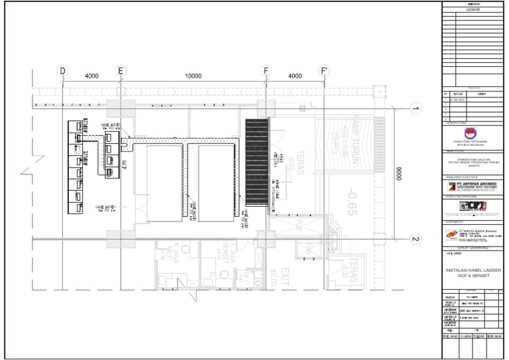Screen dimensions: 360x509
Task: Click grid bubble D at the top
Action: tap(62, 70)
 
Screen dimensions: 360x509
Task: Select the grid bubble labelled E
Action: tap(121, 70)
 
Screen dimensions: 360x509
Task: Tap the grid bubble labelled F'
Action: tap(324, 70)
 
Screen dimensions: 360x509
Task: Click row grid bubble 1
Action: tap(416, 109)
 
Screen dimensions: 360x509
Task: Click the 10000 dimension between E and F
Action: tap(193, 76)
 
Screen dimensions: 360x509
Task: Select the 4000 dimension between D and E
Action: tap(91, 76)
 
